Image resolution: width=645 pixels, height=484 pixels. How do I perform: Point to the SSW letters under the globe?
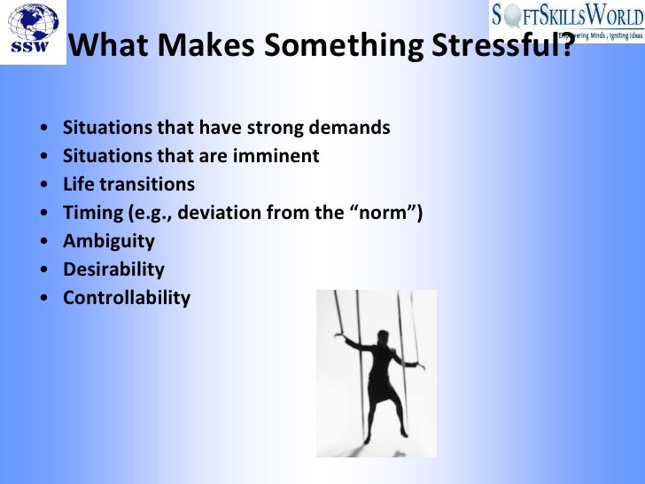[31, 49]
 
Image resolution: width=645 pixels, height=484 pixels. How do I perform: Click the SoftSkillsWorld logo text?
[567, 15]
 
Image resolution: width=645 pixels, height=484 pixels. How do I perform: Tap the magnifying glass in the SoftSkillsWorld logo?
[511, 15]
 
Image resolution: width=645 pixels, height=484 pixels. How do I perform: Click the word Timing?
[91, 213]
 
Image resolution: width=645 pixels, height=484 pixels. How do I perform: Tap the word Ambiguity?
[108, 241]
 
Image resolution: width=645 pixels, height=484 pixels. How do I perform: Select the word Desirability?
[113, 269]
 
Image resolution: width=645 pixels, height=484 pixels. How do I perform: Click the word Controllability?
[126, 298]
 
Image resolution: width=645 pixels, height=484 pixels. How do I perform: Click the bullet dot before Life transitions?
[44, 185]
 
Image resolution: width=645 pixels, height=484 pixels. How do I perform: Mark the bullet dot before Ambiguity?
[44, 242]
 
